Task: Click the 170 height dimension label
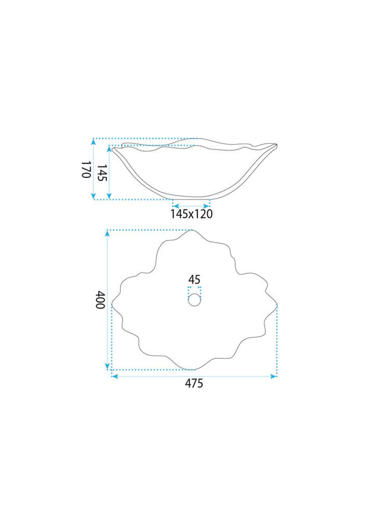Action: point(86,170)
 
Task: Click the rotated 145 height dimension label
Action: point(102,173)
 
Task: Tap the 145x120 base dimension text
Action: point(192,214)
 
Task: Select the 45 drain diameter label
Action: point(194,279)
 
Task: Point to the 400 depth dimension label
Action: point(100,300)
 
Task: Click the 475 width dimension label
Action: point(194,383)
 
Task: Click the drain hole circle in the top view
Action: point(194,300)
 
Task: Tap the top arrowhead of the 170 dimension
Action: point(93,142)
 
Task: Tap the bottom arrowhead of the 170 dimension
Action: point(93,196)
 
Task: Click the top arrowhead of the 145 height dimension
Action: point(109,149)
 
